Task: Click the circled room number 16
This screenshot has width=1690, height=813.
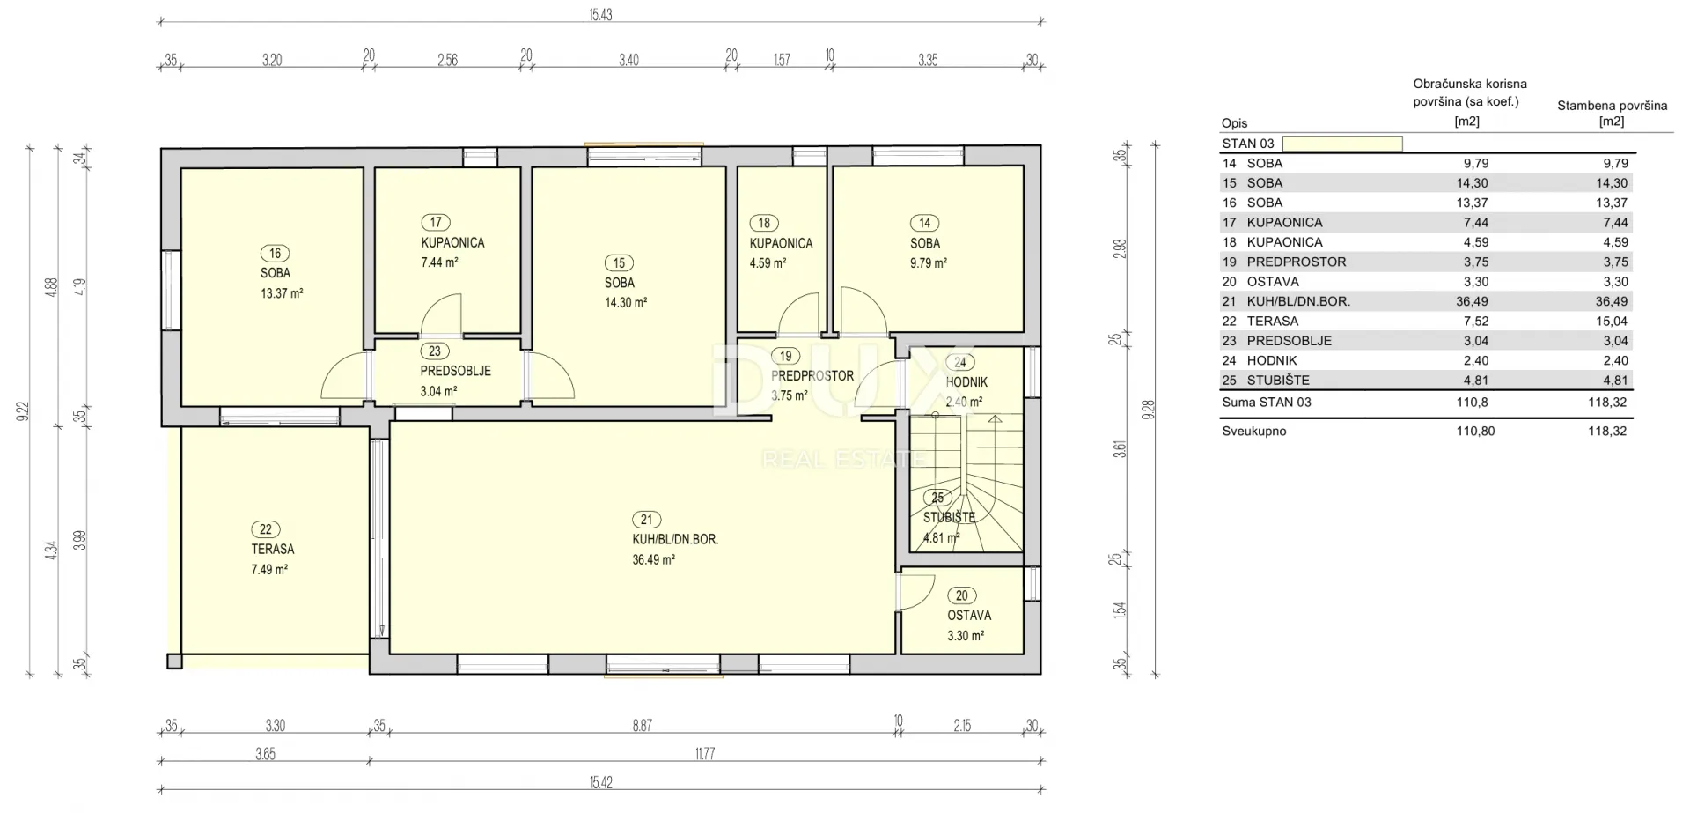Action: tap(276, 254)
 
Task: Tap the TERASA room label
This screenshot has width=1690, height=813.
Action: tap(273, 549)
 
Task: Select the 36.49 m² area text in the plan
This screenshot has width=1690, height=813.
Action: tap(653, 559)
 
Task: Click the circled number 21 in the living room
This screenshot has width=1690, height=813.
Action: tap(647, 520)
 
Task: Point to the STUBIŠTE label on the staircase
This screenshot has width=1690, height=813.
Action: tap(949, 518)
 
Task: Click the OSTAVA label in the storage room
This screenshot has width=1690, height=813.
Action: tap(969, 616)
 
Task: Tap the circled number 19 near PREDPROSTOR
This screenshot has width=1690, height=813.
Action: tap(785, 357)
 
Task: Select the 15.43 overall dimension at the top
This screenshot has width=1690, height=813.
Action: tap(600, 16)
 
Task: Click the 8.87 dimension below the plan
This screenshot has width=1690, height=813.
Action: tap(643, 726)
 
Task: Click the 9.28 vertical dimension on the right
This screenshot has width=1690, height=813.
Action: tap(1148, 410)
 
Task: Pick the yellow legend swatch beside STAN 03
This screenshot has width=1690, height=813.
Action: tap(1342, 144)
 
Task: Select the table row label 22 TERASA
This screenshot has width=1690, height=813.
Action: tap(1260, 322)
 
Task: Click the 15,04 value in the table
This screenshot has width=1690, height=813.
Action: tap(1613, 322)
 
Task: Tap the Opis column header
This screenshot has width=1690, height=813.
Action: tap(1234, 123)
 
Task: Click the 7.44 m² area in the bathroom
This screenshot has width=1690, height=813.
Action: tap(439, 262)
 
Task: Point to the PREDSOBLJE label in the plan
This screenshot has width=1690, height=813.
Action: tap(455, 371)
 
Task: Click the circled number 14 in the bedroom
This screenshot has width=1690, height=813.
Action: tap(924, 224)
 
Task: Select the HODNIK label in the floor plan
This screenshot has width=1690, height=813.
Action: tap(966, 382)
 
